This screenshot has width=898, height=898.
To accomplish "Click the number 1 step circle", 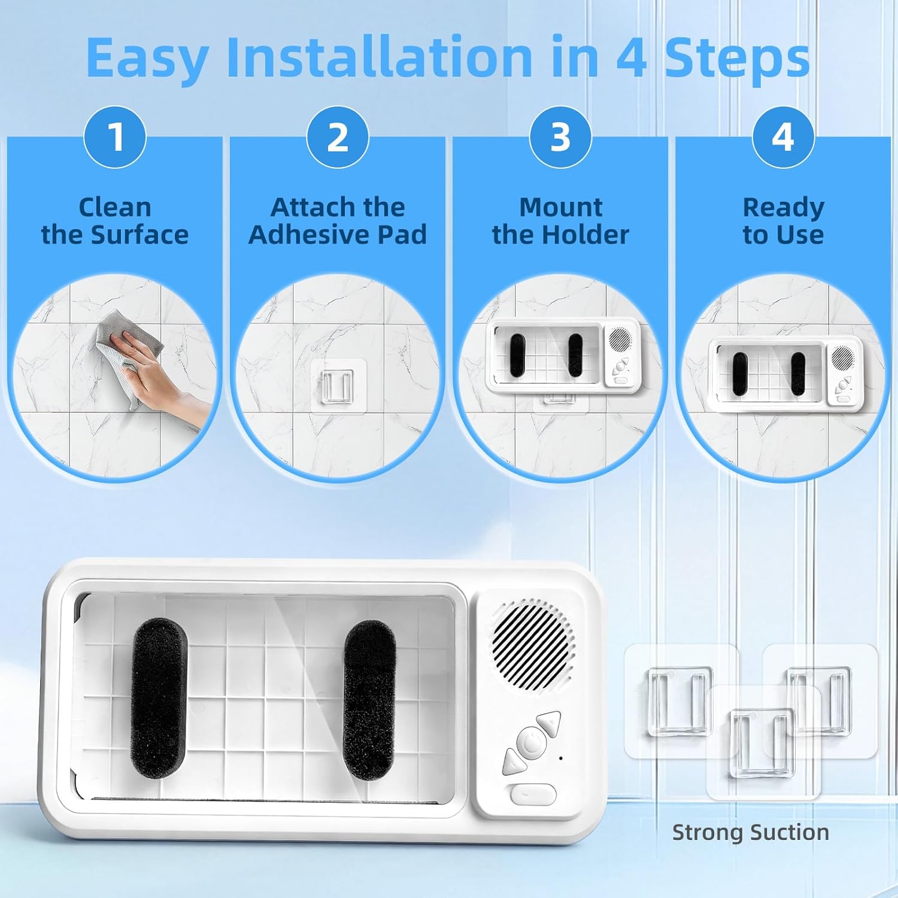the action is (115, 136).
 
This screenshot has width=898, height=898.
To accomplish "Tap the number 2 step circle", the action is (338, 136).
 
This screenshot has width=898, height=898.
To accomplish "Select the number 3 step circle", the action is (560, 136).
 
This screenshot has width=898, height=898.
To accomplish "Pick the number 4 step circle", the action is (783, 136).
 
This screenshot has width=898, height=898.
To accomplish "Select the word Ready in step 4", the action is (784, 208).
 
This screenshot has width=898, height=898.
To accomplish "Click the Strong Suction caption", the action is (751, 832).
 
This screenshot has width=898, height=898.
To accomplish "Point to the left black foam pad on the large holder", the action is (158, 697).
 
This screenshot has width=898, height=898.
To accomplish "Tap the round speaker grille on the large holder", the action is (533, 644).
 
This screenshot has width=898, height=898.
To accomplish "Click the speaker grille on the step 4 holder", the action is (842, 358).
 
